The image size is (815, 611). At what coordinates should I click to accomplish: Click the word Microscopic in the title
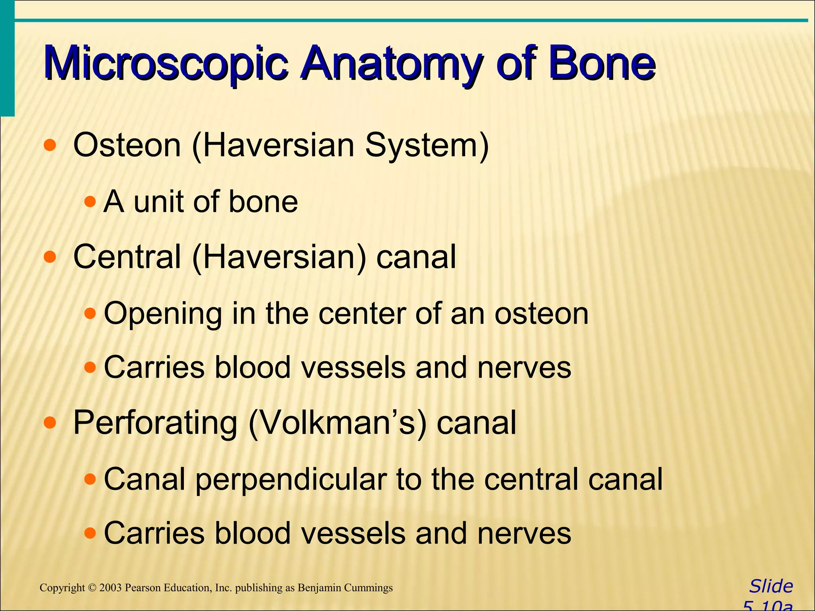165,64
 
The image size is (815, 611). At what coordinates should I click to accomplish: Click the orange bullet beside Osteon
50,146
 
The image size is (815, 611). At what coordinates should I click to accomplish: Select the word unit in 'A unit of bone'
158,202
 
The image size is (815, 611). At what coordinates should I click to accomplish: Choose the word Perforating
155,423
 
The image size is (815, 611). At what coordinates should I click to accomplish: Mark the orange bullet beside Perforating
50,423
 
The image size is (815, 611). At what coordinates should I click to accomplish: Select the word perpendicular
291,480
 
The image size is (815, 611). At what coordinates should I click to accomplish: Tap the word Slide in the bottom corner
771,586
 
